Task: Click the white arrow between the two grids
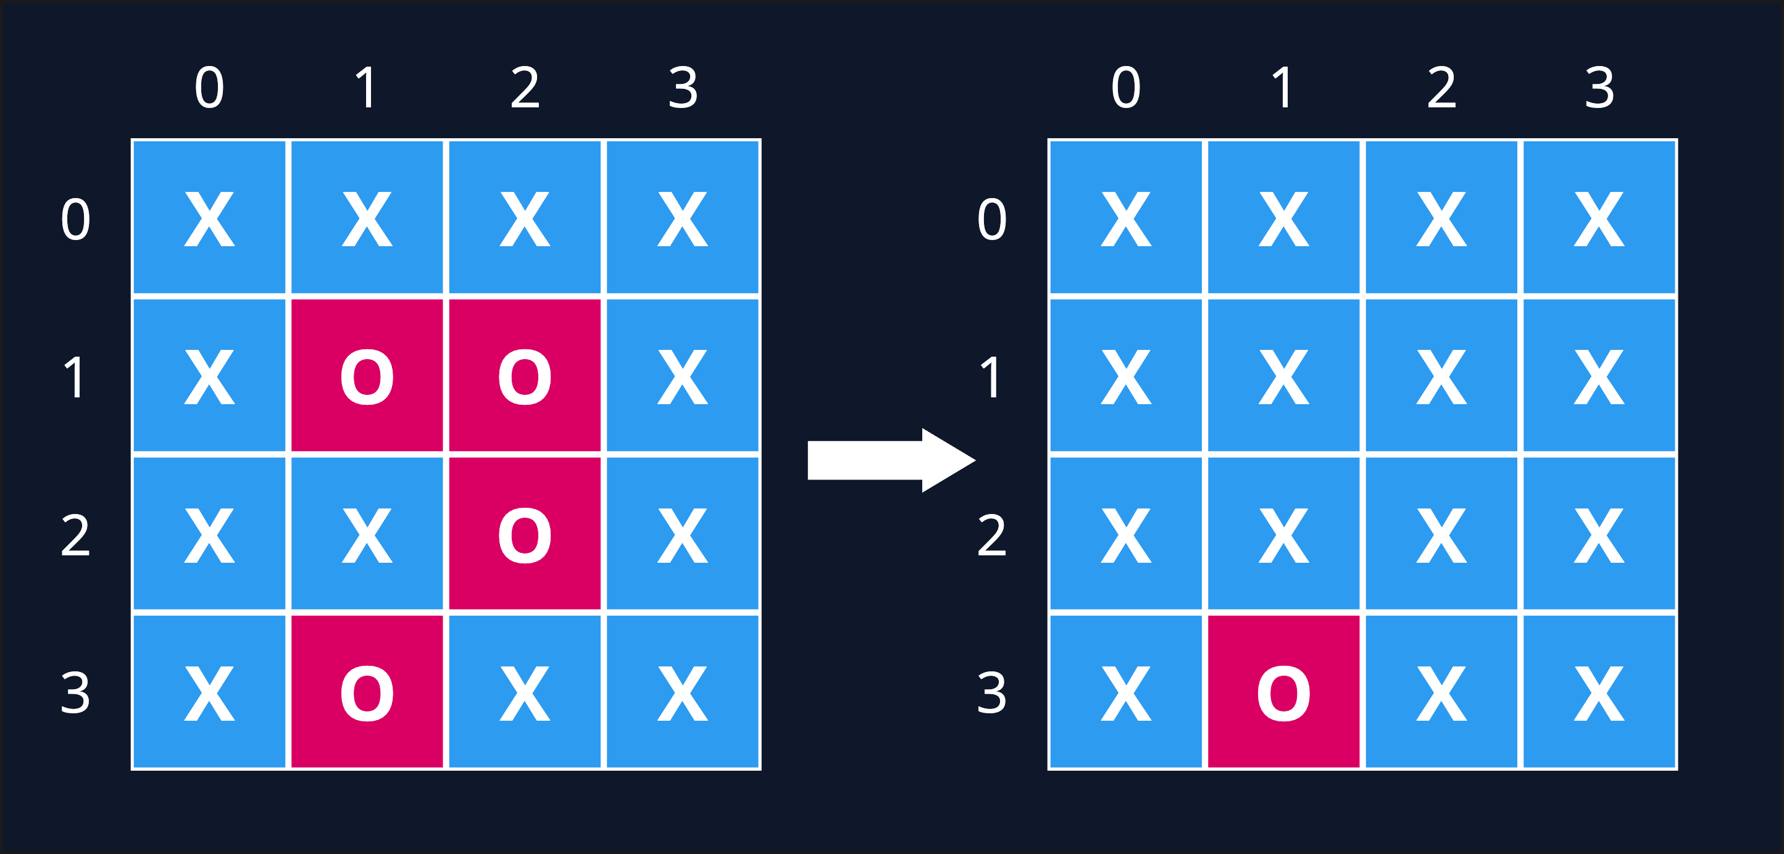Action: coord(891,460)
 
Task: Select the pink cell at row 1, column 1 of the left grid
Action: coord(367,376)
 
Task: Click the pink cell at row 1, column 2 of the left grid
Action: coord(525,376)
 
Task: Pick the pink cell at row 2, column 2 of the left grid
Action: coord(525,534)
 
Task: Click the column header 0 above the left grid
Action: coord(209,88)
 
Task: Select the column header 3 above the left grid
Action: coord(683,88)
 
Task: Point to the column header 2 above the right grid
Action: coord(1442,88)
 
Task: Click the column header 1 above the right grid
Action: coord(1283,88)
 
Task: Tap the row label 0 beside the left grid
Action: coord(75,220)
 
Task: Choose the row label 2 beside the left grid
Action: coord(75,535)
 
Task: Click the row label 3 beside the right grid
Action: coord(992,693)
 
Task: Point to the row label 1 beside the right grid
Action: coord(992,377)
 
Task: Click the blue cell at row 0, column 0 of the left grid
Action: coord(209,217)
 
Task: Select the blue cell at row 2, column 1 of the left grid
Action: coord(367,534)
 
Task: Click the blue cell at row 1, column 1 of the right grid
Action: coord(1284,376)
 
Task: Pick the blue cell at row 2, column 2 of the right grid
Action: coord(1442,534)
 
